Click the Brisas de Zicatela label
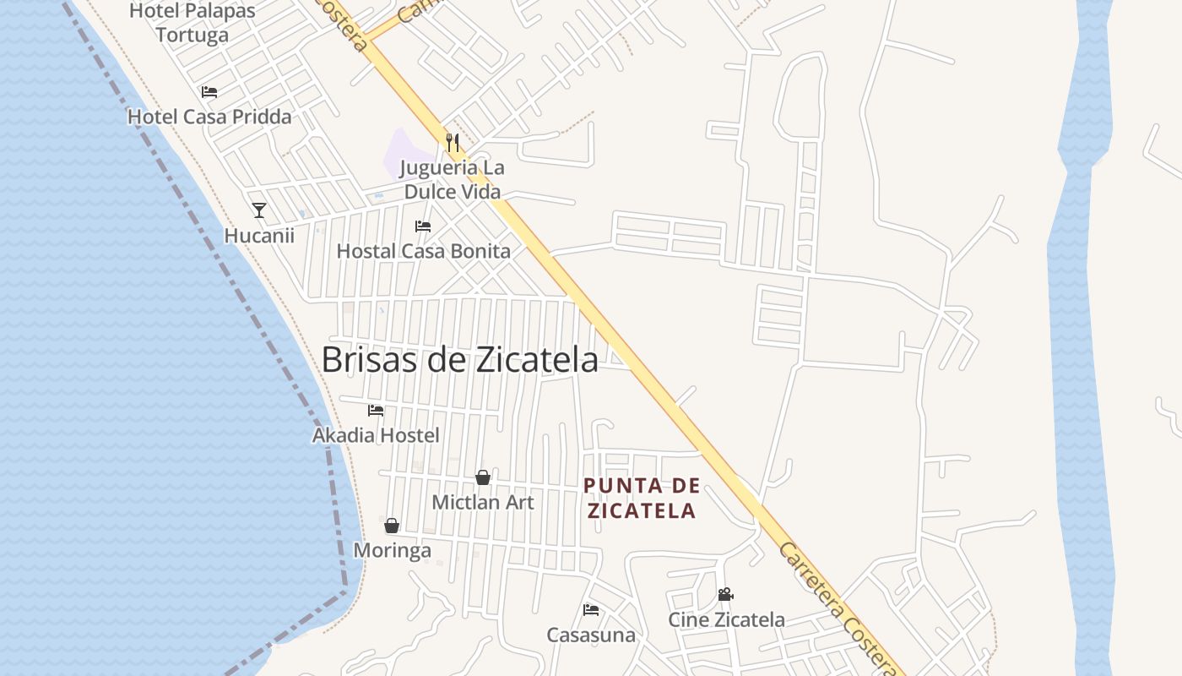(x=460, y=359)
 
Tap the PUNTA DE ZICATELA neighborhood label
(x=643, y=498)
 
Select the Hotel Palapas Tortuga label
(x=192, y=23)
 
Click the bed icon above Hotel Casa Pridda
(x=209, y=92)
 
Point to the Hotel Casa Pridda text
(x=209, y=117)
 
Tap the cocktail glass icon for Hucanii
(x=259, y=210)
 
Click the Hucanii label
(x=259, y=235)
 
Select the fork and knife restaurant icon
(x=453, y=142)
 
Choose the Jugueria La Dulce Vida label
(x=453, y=179)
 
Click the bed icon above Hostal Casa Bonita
(x=423, y=226)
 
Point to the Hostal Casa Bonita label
(x=423, y=251)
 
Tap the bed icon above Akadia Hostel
(x=376, y=411)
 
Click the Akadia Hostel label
(x=376, y=435)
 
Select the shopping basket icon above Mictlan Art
(x=483, y=477)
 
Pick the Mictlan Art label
(x=483, y=502)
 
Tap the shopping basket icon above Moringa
(x=392, y=526)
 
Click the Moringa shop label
(x=392, y=550)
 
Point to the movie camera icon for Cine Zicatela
(x=725, y=595)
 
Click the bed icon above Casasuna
(x=591, y=610)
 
